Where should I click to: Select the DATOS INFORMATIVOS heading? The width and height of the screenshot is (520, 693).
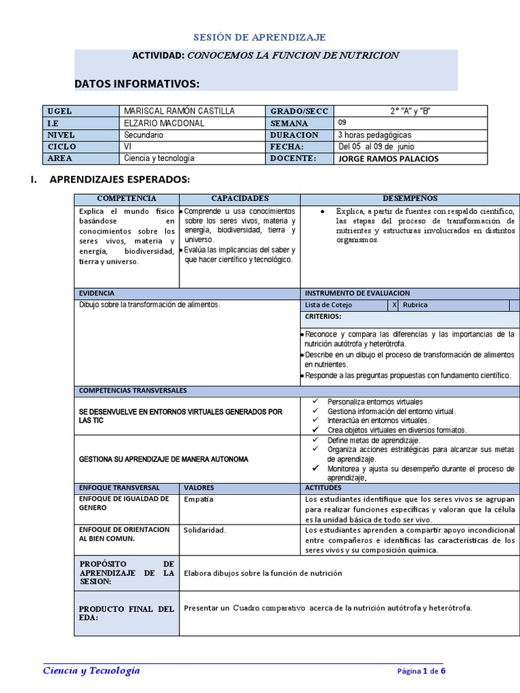click(x=137, y=83)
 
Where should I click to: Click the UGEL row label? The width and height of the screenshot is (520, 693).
click(x=60, y=111)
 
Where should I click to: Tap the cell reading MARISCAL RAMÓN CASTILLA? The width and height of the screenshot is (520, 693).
click(x=180, y=111)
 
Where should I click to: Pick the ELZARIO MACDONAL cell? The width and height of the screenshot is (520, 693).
click(x=165, y=123)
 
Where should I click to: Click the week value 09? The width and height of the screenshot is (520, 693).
click(x=343, y=123)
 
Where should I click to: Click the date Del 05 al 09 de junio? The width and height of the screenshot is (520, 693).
click(x=376, y=146)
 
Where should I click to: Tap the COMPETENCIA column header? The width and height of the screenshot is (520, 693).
click(x=127, y=198)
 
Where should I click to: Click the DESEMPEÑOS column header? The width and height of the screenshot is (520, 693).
click(x=410, y=198)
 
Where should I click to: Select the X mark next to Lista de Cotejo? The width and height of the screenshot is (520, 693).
click(x=394, y=305)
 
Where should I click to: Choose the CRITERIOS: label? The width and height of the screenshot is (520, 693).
click(x=323, y=317)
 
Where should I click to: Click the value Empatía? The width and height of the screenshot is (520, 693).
click(x=198, y=499)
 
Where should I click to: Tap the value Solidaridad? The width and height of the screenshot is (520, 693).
click(x=204, y=530)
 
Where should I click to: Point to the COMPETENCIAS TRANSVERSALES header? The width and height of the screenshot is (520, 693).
click(x=133, y=390)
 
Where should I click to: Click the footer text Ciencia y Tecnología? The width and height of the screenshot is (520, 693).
click(x=91, y=670)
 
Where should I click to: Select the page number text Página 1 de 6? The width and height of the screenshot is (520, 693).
click(x=421, y=671)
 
